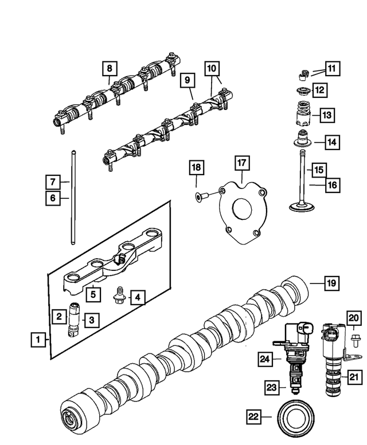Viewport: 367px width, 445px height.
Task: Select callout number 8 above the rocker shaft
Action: [110, 69]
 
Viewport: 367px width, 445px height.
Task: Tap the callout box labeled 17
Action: [242, 163]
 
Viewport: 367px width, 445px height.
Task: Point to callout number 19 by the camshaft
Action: [331, 283]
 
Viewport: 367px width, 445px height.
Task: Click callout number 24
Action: [265, 359]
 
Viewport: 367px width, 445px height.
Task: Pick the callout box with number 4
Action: [137, 297]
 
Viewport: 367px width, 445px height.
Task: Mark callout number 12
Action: [319, 90]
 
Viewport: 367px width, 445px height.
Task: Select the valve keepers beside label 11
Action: [302, 73]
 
